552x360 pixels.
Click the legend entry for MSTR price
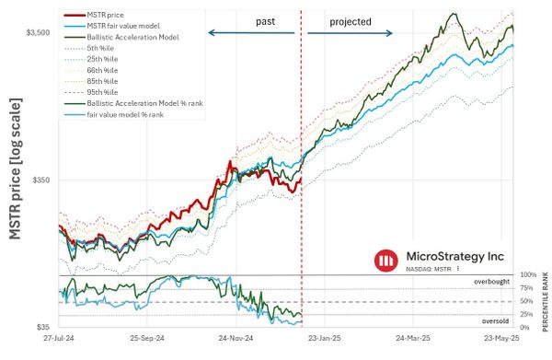point(106,15)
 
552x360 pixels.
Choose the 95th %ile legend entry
point(104,92)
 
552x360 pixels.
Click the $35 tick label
point(41,328)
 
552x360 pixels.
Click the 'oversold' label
point(495,320)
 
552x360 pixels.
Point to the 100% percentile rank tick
point(528,275)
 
